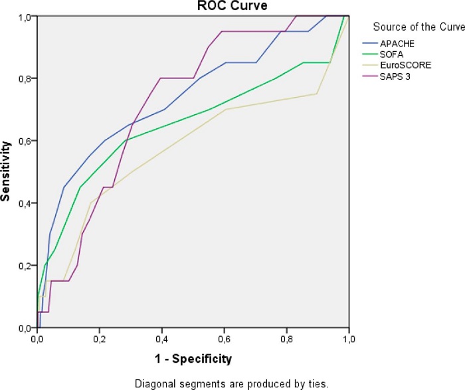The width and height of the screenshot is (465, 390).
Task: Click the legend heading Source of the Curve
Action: [x=418, y=27]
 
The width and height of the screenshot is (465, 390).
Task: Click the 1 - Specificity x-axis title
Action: [x=193, y=359]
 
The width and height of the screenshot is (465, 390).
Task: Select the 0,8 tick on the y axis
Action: [x=26, y=78]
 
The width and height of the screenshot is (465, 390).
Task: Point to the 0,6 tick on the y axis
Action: [x=26, y=141]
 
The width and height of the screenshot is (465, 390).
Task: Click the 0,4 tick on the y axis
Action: [x=26, y=203]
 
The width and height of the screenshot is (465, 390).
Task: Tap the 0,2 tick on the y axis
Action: [x=26, y=266]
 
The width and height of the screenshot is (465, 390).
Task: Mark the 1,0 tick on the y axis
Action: [x=26, y=17]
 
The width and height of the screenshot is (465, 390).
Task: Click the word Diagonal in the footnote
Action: [x=151, y=383]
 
